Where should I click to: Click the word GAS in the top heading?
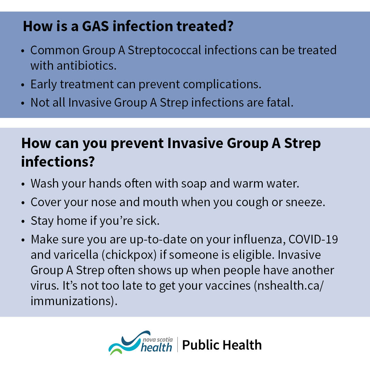[x=95, y=26]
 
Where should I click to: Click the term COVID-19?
[x=313, y=240]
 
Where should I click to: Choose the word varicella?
[x=76, y=255]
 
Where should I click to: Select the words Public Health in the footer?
[x=222, y=345]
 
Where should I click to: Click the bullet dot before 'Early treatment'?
[x=22, y=85]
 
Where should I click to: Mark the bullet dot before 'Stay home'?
[x=22, y=222]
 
